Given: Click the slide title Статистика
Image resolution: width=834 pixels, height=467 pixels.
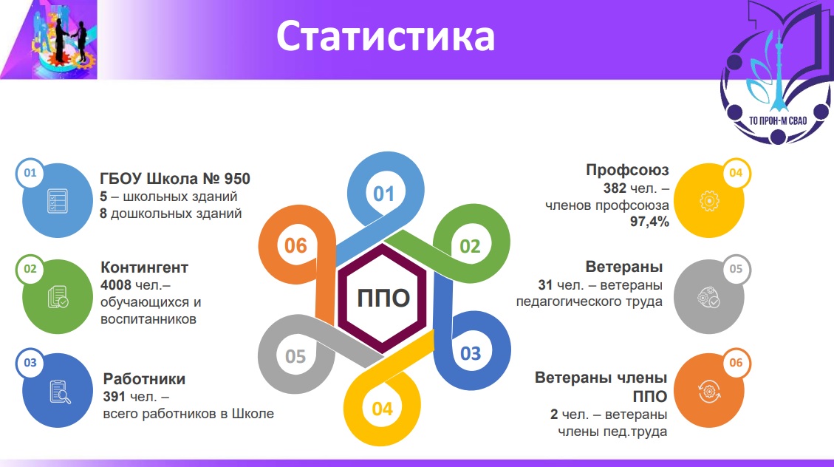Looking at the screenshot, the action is [x=385, y=36].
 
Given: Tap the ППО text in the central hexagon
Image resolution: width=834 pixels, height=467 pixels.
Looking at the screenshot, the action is [x=383, y=298].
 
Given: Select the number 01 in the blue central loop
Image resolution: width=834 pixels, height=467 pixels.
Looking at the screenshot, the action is [x=383, y=194].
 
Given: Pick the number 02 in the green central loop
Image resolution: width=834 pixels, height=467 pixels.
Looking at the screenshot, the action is [x=470, y=246].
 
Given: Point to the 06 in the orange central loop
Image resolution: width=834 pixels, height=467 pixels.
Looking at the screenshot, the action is [x=295, y=246].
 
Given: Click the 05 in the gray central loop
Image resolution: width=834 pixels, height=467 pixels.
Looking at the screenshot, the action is [x=295, y=356].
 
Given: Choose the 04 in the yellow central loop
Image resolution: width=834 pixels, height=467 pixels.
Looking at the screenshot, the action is [x=383, y=409].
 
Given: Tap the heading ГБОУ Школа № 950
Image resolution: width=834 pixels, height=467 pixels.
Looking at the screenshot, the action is [x=175, y=179].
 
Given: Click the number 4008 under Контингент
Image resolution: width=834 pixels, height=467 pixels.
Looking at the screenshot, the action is [x=115, y=285].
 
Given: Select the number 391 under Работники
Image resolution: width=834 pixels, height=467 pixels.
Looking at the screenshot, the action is [x=114, y=397].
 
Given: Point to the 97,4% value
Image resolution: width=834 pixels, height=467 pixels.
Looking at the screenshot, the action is [x=649, y=222].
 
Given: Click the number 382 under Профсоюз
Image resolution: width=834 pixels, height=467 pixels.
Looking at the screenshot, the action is [x=615, y=188].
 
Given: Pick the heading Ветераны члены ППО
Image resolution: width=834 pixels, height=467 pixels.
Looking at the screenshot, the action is [x=601, y=386].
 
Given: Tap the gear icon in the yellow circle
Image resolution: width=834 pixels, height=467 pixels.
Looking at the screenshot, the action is [x=709, y=201].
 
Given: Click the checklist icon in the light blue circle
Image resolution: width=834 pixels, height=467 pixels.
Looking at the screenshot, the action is [x=58, y=201].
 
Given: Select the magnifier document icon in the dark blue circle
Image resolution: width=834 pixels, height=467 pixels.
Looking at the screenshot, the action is [x=60, y=392].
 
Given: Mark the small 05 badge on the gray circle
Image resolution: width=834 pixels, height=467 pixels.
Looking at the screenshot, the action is [x=736, y=269].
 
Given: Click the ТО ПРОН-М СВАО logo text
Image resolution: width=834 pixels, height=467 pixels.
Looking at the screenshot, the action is [x=778, y=120].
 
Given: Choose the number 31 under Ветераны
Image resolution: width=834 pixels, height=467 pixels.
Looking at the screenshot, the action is [x=545, y=285].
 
